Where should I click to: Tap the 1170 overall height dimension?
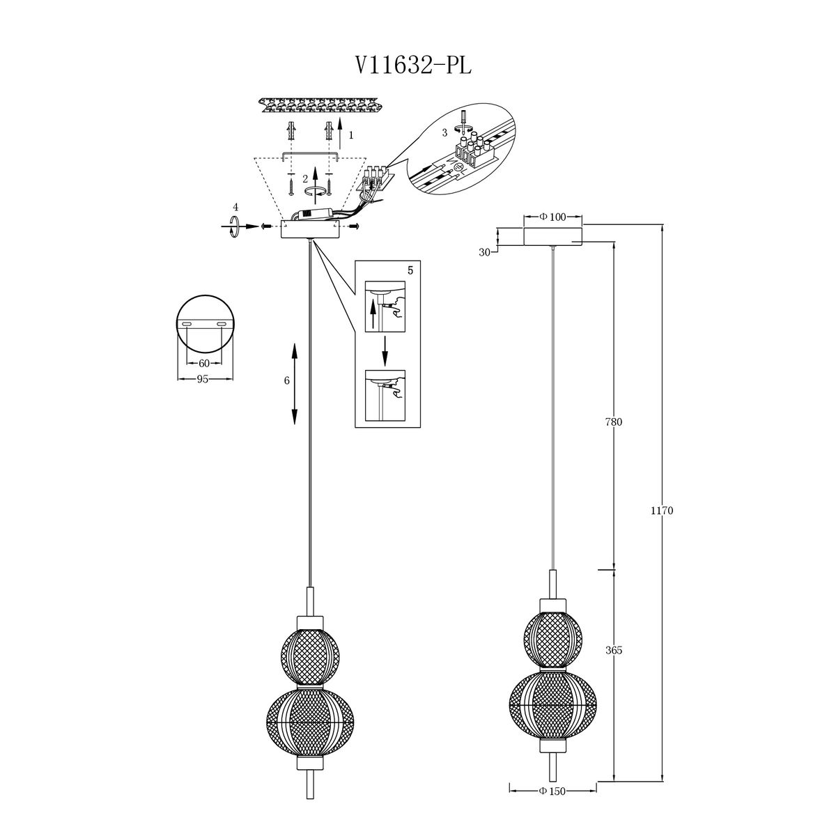tap(662, 511)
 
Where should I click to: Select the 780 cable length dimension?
tap(614, 421)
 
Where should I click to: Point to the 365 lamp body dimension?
tap(614, 650)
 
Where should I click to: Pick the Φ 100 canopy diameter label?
tap(552, 217)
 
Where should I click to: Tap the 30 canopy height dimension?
tap(485, 252)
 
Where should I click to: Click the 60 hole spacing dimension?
tap(204, 363)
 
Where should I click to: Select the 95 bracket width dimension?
tap(203, 379)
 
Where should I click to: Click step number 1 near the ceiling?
tap(351, 135)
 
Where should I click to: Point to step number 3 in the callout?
tap(444, 133)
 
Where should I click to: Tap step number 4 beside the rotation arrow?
tap(235, 206)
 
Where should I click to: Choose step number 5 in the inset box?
tap(410, 271)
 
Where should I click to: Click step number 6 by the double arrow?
tap(286, 380)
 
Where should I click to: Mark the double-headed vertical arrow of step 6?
tap(295, 383)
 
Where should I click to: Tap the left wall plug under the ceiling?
tap(291, 130)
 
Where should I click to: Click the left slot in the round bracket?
tap(187, 325)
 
